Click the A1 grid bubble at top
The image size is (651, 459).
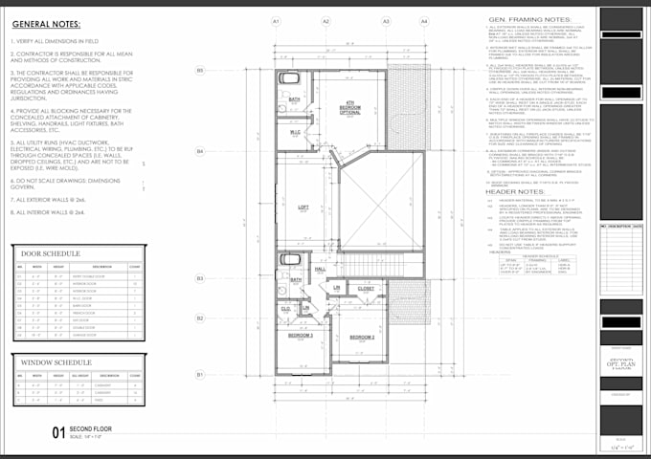(276, 20)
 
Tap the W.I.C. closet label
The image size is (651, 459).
(296, 132)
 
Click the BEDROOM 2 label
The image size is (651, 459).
(361, 338)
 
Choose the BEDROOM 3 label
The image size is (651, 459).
(302, 336)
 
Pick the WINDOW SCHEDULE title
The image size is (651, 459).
(54, 362)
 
